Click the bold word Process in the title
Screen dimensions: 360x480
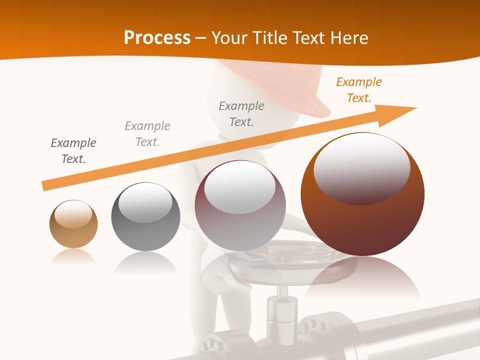pyautogui.click(x=157, y=38)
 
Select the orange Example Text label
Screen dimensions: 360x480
pyautogui.click(x=358, y=90)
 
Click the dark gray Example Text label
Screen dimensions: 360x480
pyautogui.click(x=73, y=151)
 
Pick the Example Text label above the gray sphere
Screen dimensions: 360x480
pyautogui.click(x=147, y=134)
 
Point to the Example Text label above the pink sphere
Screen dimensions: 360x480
pyautogui.click(x=241, y=114)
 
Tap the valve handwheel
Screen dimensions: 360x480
pyautogui.click(x=280, y=260)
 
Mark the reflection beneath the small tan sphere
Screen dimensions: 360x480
pyautogui.click(x=73, y=256)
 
